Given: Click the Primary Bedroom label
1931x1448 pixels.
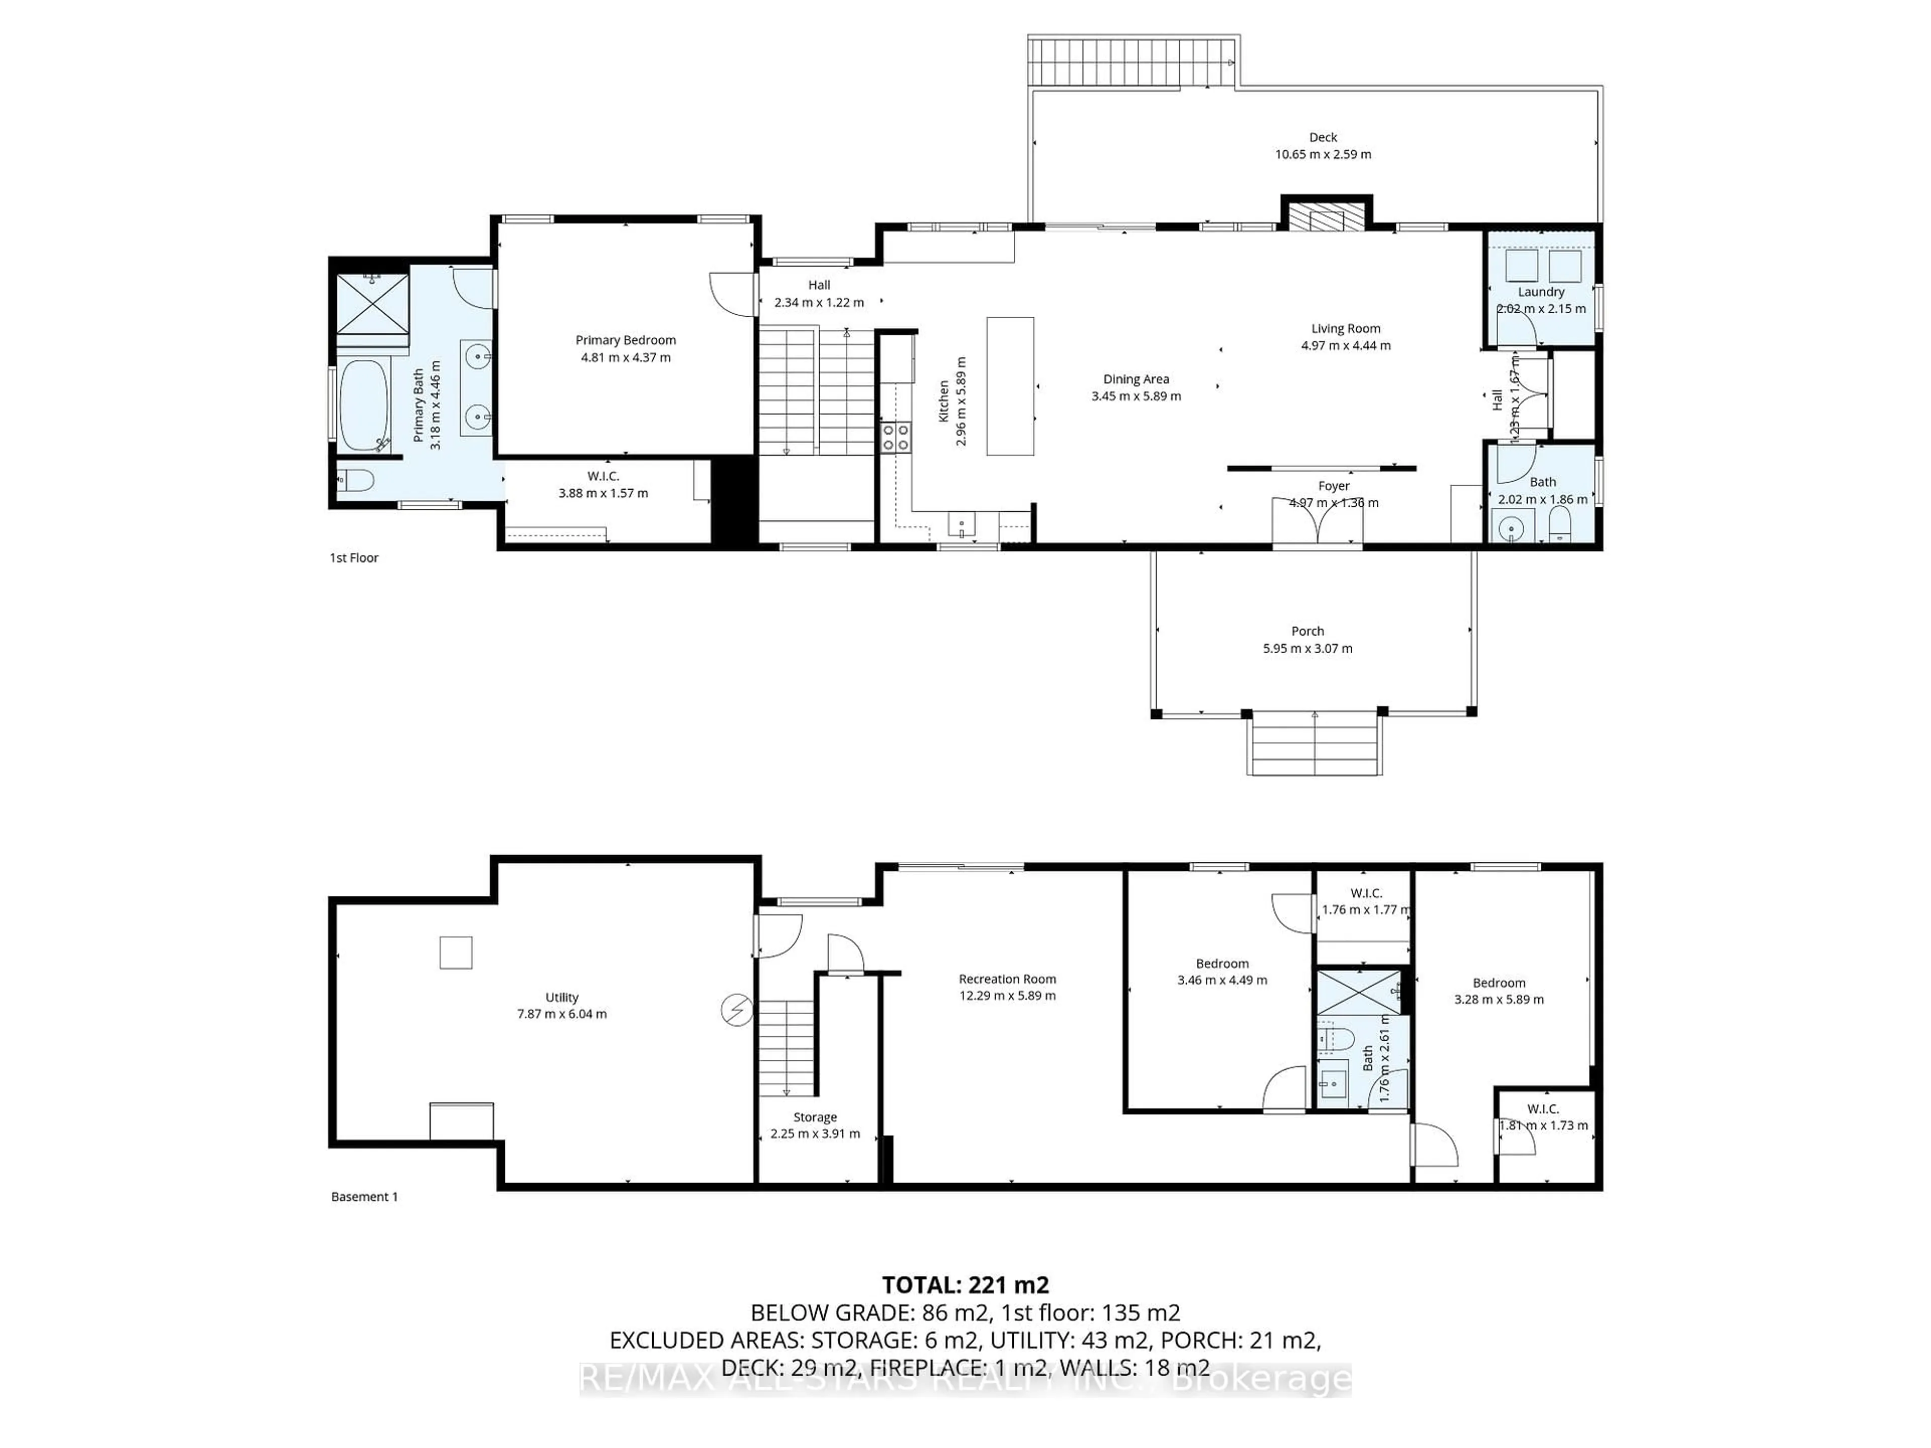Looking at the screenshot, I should [x=625, y=340].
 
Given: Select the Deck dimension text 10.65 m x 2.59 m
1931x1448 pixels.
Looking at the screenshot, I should [x=1323, y=154].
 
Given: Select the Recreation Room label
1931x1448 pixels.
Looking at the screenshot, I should [x=1007, y=979].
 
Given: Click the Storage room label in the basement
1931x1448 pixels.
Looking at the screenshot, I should [x=815, y=1117].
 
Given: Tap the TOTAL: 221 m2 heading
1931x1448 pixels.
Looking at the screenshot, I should [x=965, y=1285].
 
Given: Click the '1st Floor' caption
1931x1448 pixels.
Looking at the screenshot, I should [x=354, y=558].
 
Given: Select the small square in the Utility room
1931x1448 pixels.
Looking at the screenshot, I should [x=456, y=952].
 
